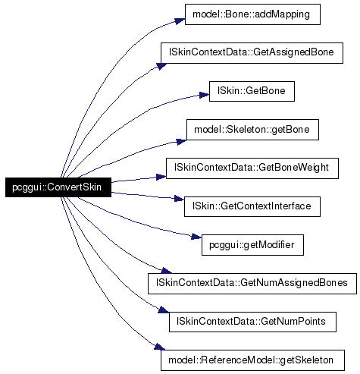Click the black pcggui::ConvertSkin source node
coord(58,187)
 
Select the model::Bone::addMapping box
coord(252,14)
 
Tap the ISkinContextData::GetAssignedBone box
coord(252,53)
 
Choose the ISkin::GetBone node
coord(252,91)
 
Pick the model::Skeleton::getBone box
coord(252,130)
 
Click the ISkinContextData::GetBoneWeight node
coord(252,168)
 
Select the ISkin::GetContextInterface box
coord(252,206)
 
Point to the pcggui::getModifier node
coord(252,245)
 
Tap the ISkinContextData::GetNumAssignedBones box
coord(252,284)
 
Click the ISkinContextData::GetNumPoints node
coord(252,322)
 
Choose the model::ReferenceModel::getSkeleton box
coord(252,360)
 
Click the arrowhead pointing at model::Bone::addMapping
coord(180,21)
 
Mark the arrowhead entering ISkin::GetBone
coord(205,96)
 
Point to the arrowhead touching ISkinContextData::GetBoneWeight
coord(161,177)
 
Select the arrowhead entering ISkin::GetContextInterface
coord(180,199)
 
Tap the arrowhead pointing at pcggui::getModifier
coord(196,237)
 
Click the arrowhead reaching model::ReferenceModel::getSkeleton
coord(160,347)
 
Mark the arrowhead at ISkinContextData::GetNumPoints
coord(164,310)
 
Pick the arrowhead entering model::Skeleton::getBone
coord(181,142)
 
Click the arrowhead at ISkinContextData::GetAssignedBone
coord(161,66)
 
